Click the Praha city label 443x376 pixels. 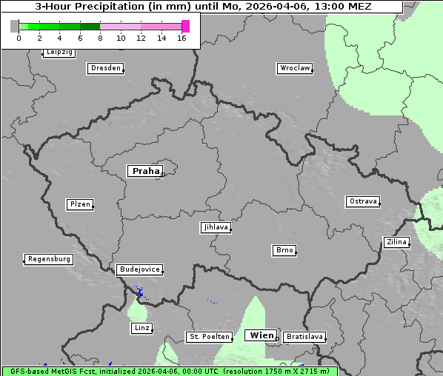[145, 171]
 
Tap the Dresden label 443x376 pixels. [104, 68]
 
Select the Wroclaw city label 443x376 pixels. [294, 68]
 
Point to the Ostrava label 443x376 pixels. [362, 201]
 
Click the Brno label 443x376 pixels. [284, 250]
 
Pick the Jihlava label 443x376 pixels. [215, 227]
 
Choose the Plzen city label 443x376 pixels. [79, 204]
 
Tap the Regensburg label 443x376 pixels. [49, 259]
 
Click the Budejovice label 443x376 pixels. [139, 269]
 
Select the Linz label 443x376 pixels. [141, 328]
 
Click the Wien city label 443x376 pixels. [262, 335]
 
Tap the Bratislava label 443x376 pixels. [304, 337]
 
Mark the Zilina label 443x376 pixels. [396, 242]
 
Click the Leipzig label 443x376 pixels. [59, 52]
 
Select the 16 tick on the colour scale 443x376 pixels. [181, 37]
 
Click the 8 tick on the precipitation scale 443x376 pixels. [100, 37]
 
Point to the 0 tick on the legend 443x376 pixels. [19, 37]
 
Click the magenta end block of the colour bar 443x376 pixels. [185, 26]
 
